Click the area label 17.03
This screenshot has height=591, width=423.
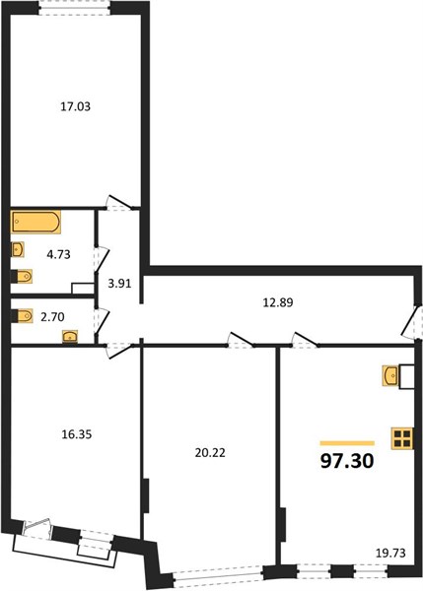coord(76,106)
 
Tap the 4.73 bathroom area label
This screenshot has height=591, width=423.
coord(58,254)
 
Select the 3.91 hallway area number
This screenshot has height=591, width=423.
coord(119,283)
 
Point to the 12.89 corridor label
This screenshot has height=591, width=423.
coord(278,302)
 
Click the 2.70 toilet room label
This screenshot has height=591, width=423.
coord(52,317)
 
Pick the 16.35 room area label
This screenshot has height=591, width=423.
coord(77,434)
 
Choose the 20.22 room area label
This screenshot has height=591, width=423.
coord(210,453)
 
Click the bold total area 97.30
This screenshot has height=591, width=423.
coord(347,461)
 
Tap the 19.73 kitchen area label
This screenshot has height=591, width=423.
coord(390,553)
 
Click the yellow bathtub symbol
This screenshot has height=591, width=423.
coord(36,222)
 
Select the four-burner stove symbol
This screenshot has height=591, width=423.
coord(402,438)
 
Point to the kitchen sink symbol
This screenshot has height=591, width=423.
coord(390,375)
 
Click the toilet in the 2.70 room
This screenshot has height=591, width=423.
coord(22,316)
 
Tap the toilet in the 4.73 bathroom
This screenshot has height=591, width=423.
coord(22,276)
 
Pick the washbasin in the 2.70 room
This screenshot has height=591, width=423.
coord(70,337)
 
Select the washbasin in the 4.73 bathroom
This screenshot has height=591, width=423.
coord(18,249)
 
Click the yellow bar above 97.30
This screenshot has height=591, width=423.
coord(347,443)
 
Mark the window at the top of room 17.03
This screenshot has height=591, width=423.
coord(76,8)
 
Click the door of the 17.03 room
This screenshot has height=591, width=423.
coord(119,202)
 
